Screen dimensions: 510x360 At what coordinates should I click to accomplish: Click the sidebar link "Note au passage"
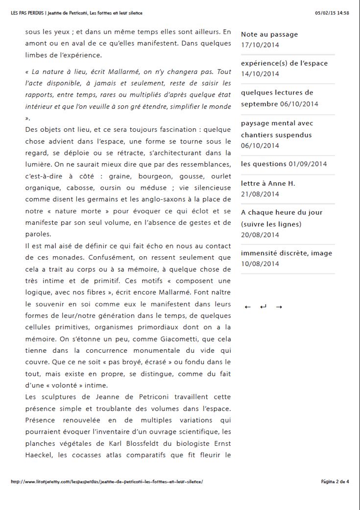(269, 34)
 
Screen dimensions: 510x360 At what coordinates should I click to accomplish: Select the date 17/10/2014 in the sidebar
(260, 45)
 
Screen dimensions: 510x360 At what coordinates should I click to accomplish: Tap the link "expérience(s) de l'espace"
(284, 63)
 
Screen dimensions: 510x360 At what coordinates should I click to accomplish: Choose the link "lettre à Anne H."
(268, 183)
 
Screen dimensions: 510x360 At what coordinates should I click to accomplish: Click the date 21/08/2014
(260, 194)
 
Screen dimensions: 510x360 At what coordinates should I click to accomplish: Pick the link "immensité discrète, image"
(286, 253)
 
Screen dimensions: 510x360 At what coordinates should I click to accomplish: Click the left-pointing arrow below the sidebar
(247, 307)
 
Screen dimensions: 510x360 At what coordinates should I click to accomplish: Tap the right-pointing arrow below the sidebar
(279, 307)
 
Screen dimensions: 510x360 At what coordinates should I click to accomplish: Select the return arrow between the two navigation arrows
(263, 307)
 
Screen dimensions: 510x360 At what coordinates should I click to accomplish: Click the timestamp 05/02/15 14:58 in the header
(332, 13)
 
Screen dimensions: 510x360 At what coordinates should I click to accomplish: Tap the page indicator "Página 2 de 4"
(335, 482)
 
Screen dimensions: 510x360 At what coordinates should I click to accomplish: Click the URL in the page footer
(107, 482)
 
